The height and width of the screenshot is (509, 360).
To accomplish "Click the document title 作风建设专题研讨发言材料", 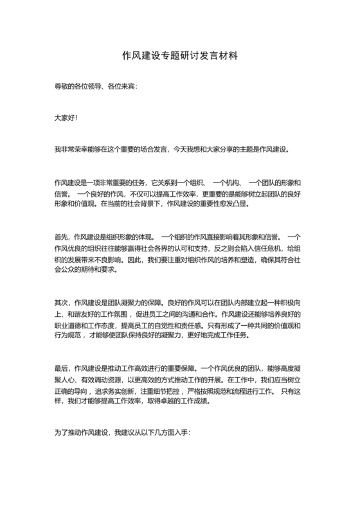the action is (x=180, y=56).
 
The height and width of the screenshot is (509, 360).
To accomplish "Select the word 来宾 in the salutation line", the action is (x=127, y=85).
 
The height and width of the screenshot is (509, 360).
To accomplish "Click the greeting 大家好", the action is (x=65, y=118).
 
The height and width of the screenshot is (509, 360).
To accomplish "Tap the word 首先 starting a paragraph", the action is (x=62, y=237).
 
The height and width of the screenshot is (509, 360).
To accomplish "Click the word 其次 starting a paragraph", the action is (x=62, y=303).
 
